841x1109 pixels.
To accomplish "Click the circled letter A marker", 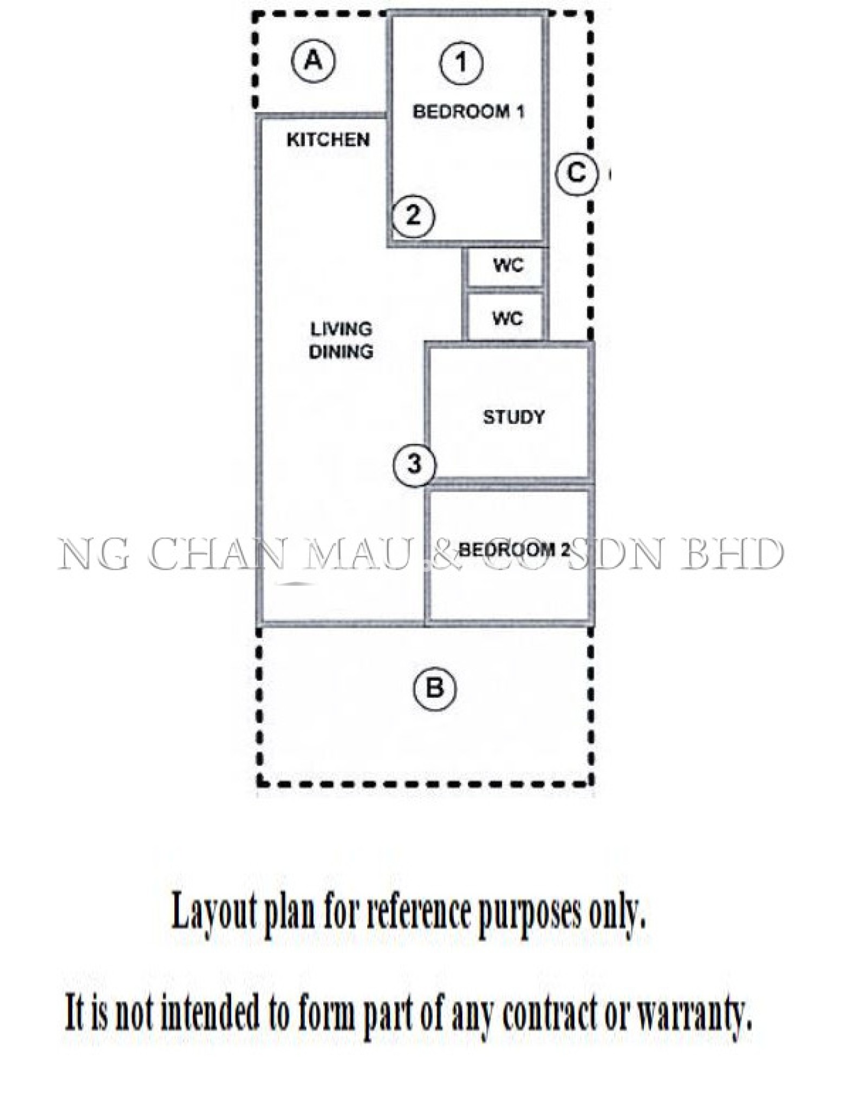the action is pyautogui.click(x=314, y=61).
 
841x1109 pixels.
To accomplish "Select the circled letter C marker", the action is pyautogui.click(x=577, y=174).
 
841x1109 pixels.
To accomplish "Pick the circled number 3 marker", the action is pyautogui.click(x=415, y=464).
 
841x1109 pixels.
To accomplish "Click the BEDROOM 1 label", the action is pyautogui.click(x=468, y=112).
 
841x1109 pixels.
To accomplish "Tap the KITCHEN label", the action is pyautogui.click(x=328, y=140).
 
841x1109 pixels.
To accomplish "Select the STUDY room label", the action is pyautogui.click(x=514, y=417).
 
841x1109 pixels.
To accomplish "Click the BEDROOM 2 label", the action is pyautogui.click(x=514, y=550).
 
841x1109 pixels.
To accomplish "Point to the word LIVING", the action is pyautogui.click(x=341, y=329).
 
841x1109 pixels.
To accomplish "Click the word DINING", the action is pyautogui.click(x=341, y=351).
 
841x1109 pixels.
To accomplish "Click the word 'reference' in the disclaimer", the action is pyautogui.click(x=418, y=912).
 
